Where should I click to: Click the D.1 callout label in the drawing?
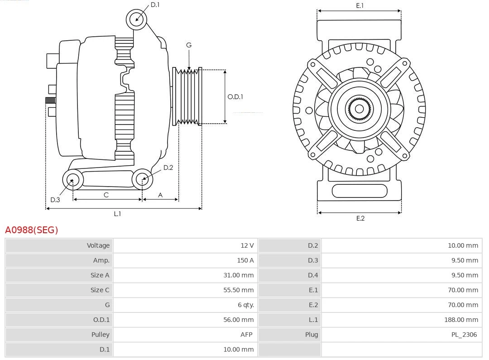pyautogui.click(x=155, y=5)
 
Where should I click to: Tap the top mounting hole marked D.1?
pyautogui.click(x=136, y=19)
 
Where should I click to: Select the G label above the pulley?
pyautogui.click(x=189, y=45)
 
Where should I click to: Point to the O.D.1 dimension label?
pyautogui.click(x=235, y=96)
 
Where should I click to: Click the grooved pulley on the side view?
pyautogui.click(x=187, y=96)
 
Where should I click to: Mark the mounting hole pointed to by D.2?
pyautogui.click(x=142, y=179)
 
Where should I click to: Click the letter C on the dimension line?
pyautogui.click(x=106, y=195)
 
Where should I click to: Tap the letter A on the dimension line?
pyautogui.click(x=160, y=195)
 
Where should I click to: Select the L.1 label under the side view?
pyautogui.click(x=117, y=214)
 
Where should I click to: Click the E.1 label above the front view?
pyautogui.click(x=360, y=6)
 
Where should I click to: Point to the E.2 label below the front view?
pyautogui.click(x=360, y=218)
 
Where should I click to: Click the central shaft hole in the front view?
pyautogui.click(x=359, y=109)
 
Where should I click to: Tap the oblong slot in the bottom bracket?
pyautogui.click(x=360, y=191)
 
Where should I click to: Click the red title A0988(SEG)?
pyautogui.click(x=32, y=230)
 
